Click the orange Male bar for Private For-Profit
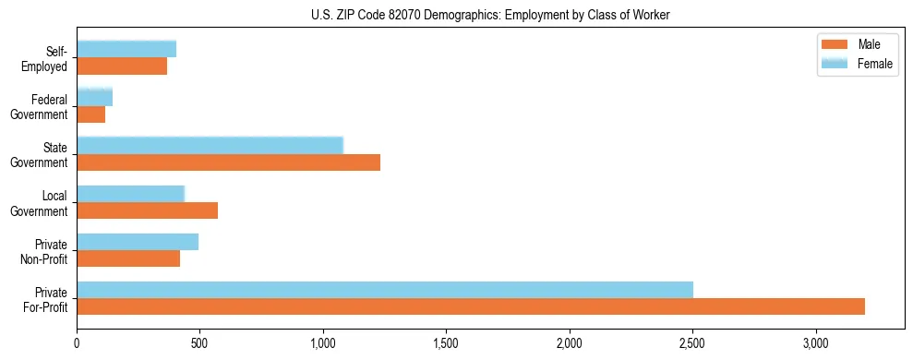coord(471,306)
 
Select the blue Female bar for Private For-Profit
coord(385,289)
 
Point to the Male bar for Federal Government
coord(91,114)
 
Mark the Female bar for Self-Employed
coord(126,49)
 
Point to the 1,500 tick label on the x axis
coord(447,343)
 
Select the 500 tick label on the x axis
coord(200,343)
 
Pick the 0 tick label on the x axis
coord(78,343)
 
